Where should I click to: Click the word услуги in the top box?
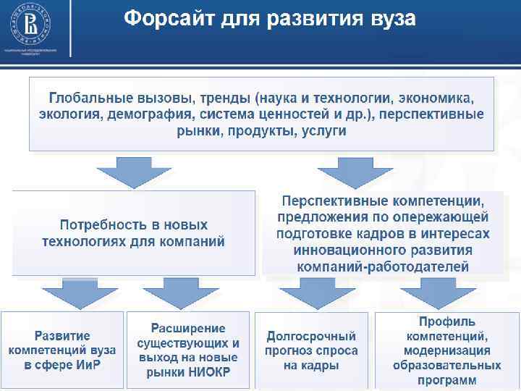click(322, 131)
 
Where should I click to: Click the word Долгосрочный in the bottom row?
click(311, 337)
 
